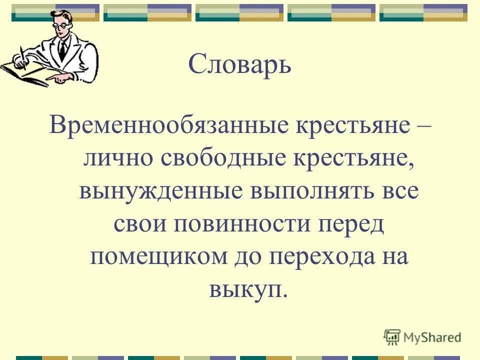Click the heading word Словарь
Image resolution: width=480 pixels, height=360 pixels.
pyautogui.click(x=239, y=65)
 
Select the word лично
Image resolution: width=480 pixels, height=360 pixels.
pyautogui.click(x=115, y=158)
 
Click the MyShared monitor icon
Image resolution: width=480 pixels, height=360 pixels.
pyautogui.click(x=392, y=337)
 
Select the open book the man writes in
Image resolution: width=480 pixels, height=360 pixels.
pyautogui.click(x=25, y=72)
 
